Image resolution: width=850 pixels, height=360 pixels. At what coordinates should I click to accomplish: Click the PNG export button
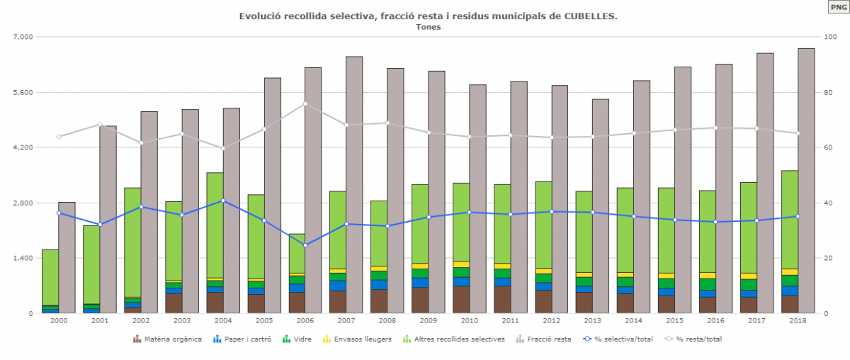[x=837, y=7]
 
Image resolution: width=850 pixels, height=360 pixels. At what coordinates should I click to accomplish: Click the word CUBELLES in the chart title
[x=591, y=16]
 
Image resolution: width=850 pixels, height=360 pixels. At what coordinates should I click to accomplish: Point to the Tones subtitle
[x=428, y=27]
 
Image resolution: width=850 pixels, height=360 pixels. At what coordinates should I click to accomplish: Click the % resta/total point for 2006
[x=305, y=103]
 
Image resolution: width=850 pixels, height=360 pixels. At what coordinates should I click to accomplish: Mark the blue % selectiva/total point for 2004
[x=223, y=201]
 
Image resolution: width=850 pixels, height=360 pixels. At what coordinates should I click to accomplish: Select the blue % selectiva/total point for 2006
[x=305, y=245]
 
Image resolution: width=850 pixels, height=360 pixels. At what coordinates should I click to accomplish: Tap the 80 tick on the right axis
[x=827, y=92]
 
